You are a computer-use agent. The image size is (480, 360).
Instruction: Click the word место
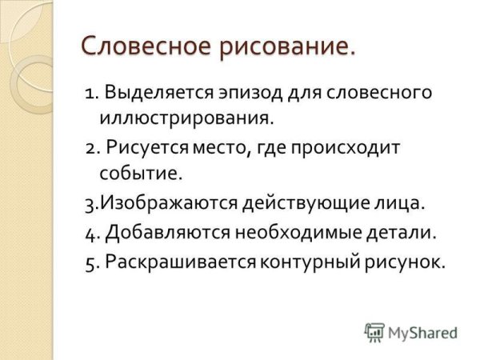218,148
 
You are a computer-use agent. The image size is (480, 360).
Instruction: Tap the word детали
402,233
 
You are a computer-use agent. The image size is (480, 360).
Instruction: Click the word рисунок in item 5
405,261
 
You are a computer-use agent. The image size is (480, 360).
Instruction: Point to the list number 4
88,233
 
